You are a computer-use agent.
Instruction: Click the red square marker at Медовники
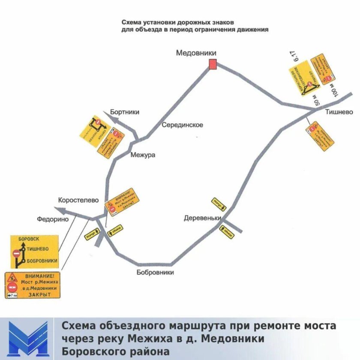[x=213, y=64]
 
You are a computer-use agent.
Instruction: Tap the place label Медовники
[x=196, y=53]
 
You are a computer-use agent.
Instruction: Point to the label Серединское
[x=182, y=125]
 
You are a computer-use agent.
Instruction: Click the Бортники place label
[x=125, y=112]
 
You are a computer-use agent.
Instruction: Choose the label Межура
[x=142, y=155]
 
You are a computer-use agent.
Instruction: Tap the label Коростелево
[x=79, y=200]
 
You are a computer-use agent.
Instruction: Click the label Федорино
[x=53, y=219]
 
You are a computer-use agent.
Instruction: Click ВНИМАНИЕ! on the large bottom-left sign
[x=39, y=276]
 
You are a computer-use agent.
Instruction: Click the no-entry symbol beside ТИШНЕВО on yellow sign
[x=17, y=253]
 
